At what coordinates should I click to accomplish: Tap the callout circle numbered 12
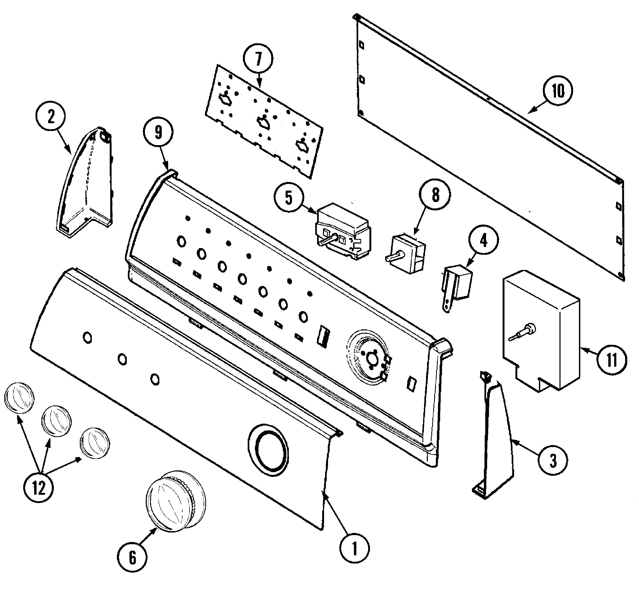pos(39,488)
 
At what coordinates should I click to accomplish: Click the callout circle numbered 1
pos(354,548)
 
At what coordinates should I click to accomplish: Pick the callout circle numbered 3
pos(553,461)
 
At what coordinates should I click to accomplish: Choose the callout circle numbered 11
pos(612,360)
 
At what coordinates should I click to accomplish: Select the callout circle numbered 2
pos(51,117)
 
